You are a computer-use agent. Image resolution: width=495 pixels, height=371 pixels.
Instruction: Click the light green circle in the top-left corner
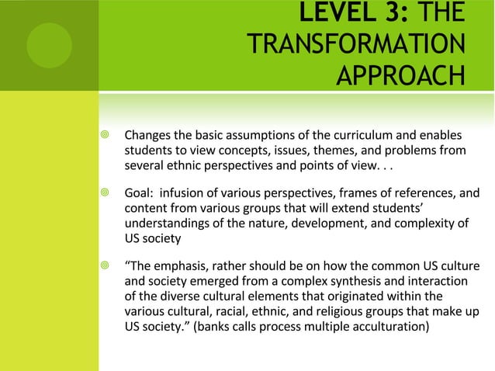[x=49, y=45]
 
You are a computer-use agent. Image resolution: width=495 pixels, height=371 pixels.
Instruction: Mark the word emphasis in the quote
[x=185, y=268]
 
